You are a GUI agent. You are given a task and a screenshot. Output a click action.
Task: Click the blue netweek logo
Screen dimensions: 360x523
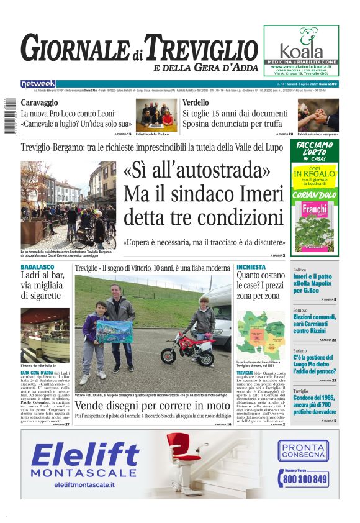coord(38,84)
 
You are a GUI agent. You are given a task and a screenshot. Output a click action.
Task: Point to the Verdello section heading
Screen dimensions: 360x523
coord(196,102)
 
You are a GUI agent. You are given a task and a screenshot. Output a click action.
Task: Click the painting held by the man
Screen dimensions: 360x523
coord(114,331)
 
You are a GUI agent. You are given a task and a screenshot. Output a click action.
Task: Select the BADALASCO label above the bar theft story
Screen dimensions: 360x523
coord(37,267)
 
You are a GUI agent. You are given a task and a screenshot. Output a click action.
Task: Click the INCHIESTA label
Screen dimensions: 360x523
coord(251,267)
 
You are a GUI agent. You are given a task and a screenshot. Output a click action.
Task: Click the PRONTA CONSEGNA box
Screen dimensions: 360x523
coord(303,451)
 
